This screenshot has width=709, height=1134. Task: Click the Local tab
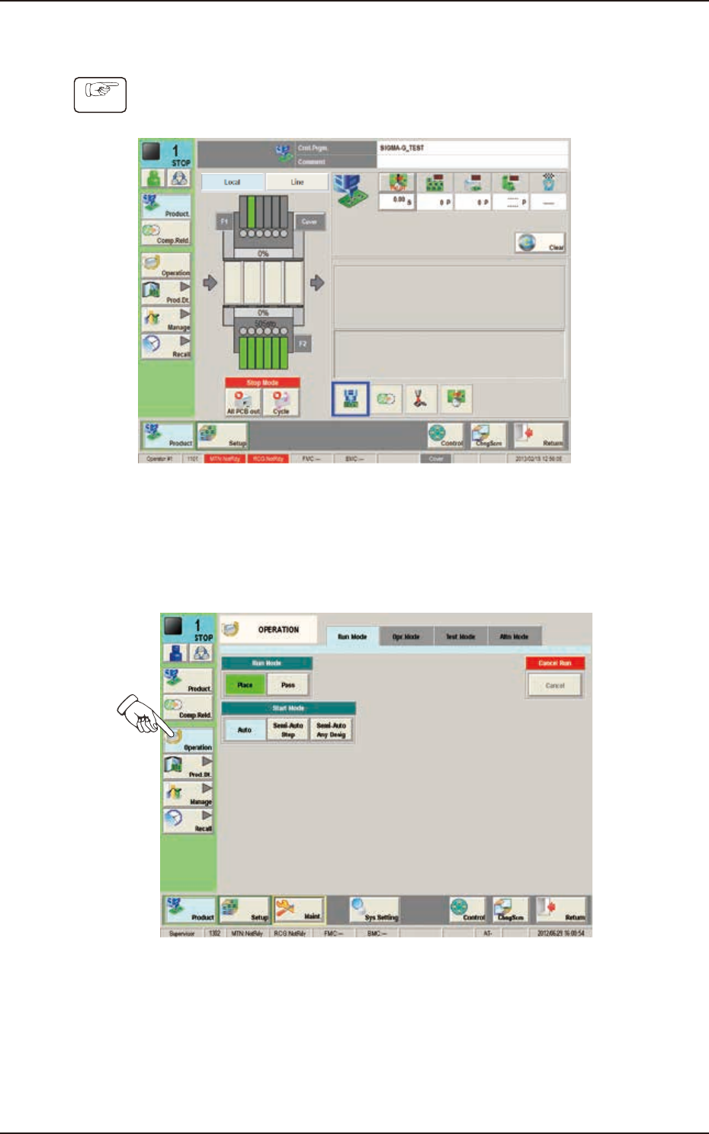pos(233,182)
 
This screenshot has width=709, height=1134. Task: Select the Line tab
pos(297,182)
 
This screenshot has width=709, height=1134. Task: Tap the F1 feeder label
pos(224,221)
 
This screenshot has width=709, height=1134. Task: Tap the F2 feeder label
pos(303,344)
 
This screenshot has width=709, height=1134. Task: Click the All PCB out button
pos(243,402)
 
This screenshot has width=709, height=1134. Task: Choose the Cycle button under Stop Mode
pos(281,402)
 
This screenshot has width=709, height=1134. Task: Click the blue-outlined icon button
pos(351,399)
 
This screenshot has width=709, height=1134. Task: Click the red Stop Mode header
pos(262,383)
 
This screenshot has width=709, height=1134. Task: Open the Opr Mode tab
pos(406,636)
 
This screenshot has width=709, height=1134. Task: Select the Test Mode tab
pos(460,636)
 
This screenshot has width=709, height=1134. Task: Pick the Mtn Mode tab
pos(515,636)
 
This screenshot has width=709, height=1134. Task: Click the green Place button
pos(245,684)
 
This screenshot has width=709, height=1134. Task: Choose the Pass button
pos(287,684)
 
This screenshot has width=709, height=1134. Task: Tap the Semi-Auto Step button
pos(288,730)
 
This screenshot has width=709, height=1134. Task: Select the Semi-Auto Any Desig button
pos(332,730)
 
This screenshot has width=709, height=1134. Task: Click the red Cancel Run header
pos(555,663)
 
